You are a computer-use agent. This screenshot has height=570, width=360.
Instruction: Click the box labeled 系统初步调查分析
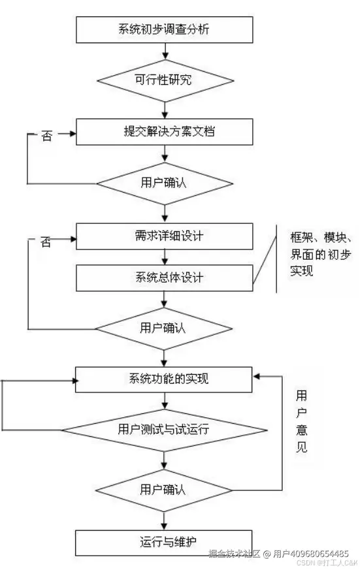click(164, 29)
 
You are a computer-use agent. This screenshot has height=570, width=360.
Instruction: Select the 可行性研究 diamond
click(164, 80)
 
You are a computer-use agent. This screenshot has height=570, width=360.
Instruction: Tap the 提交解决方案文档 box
click(164, 131)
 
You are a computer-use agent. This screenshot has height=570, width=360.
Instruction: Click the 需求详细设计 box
click(164, 236)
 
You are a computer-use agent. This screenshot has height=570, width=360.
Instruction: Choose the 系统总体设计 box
click(164, 277)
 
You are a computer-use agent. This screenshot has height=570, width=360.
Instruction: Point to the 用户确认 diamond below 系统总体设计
click(164, 326)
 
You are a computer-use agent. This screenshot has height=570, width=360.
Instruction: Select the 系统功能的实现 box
click(164, 379)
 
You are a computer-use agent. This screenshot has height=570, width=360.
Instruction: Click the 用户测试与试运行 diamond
click(164, 430)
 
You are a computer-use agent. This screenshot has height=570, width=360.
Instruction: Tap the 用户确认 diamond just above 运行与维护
click(164, 488)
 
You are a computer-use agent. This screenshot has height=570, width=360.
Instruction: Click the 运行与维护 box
click(164, 541)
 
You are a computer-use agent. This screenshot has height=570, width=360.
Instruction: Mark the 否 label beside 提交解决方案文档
click(46, 136)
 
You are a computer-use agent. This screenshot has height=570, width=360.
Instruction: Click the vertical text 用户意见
click(301, 422)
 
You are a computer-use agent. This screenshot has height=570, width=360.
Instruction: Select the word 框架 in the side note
click(302, 236)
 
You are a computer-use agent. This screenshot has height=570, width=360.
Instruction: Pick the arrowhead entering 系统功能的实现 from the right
click(257, 376)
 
